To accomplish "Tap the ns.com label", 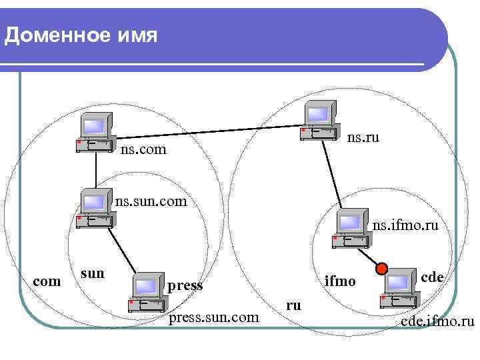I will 143,151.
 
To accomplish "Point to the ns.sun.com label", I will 151,199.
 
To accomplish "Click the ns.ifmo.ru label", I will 405,226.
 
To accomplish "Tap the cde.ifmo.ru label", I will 437,323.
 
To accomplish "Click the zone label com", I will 47,281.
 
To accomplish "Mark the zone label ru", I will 293,305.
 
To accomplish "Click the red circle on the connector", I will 381,269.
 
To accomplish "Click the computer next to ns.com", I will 94,131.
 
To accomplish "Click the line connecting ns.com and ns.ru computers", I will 207,125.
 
